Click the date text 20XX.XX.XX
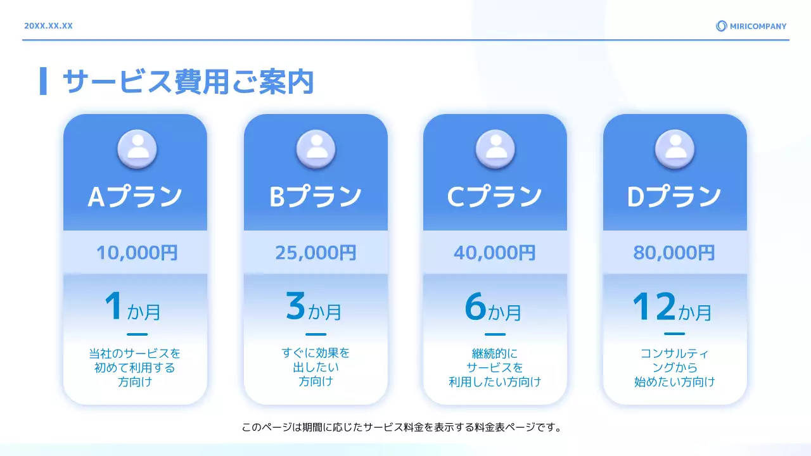48,26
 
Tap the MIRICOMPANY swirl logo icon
721,26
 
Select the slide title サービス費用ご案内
188,82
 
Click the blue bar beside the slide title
43,81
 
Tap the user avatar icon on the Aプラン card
137,149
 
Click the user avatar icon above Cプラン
495,149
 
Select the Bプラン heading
316,197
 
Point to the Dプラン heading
674,197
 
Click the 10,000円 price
137,253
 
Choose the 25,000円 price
316,253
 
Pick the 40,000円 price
495,253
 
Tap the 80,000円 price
674,253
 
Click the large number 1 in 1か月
114,307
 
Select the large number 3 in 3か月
296,307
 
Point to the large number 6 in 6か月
475,307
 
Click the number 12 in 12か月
654,307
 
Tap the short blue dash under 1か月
137,334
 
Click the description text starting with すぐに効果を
316,367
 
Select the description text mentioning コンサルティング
674,367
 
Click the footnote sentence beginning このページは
402,427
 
